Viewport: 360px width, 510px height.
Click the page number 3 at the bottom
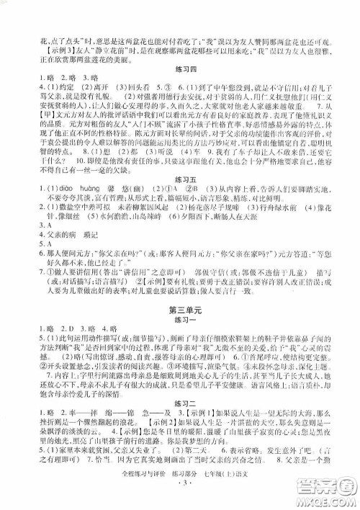click(x=180, y=500)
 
